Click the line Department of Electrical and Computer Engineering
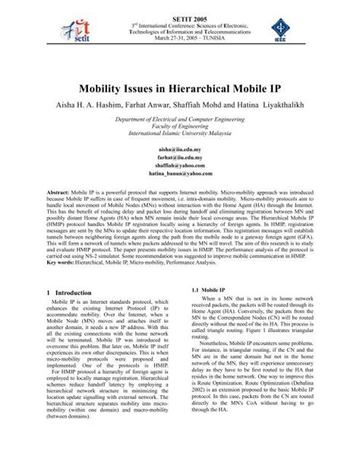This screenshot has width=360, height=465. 180,122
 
